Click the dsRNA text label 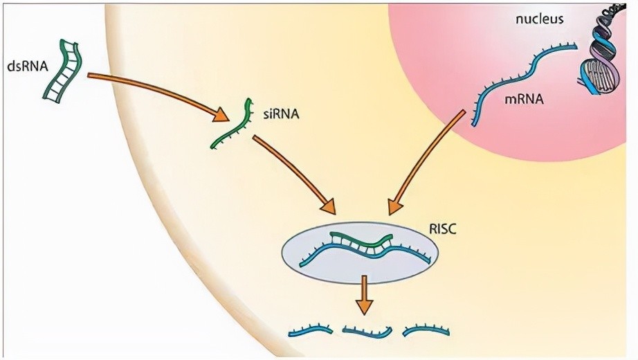tap(28, 66)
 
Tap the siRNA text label tap(281, 114)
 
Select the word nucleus tap(540, 19)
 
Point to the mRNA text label tap(524, 98)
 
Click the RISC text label tap(443, 229)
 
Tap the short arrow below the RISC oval tap(364, 294)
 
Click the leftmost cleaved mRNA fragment tap(311, 330)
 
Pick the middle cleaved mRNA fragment tap(367, 332)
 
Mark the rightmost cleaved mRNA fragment tap(426, 330)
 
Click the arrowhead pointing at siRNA tap(221, 114)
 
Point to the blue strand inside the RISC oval tap(365, 253)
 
